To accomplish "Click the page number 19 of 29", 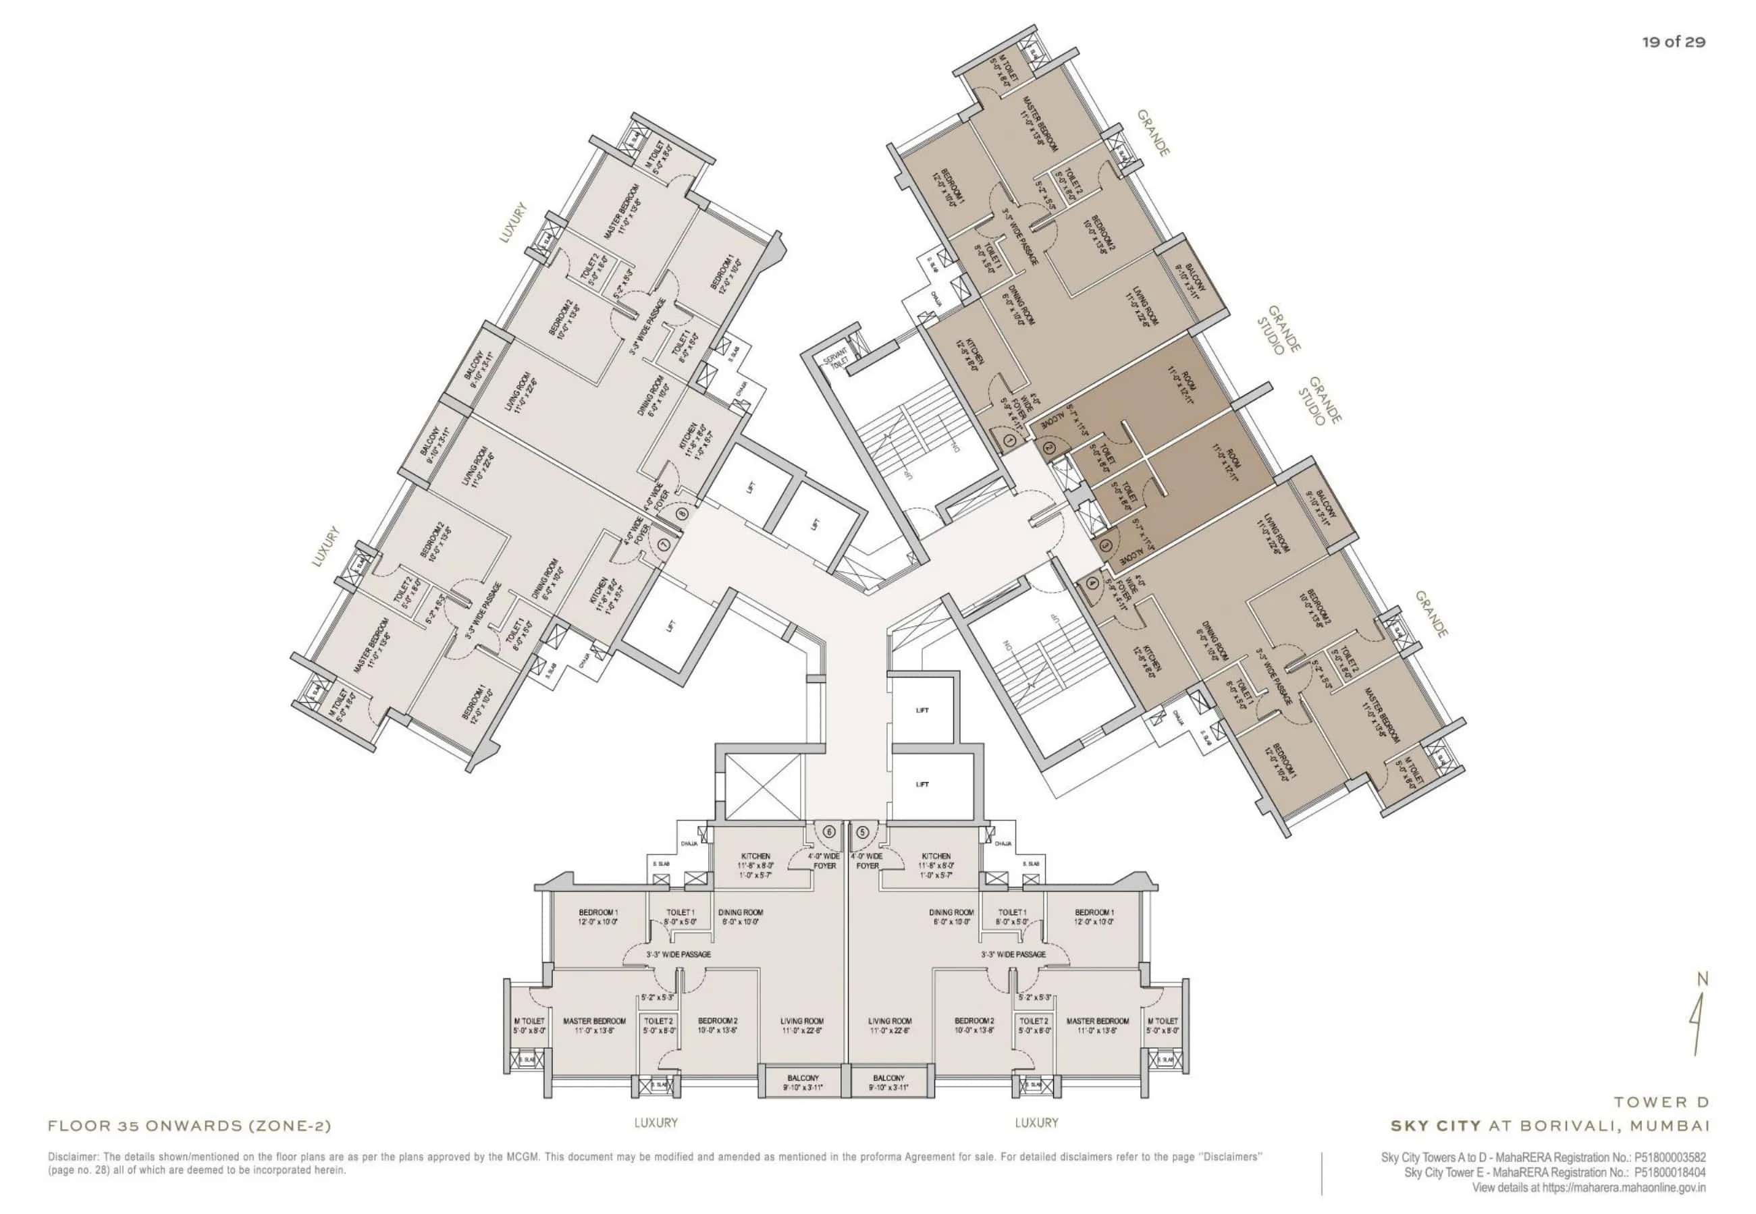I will tap(1673, 42).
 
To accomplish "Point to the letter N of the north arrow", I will tap(1703, 980).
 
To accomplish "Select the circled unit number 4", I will tap(1093, 584).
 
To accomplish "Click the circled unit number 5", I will tap(862, 831).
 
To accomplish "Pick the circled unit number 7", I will tap(666, 545).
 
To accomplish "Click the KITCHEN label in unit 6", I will tap(754, 856).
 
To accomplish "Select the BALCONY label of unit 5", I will tap(888, 1078).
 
